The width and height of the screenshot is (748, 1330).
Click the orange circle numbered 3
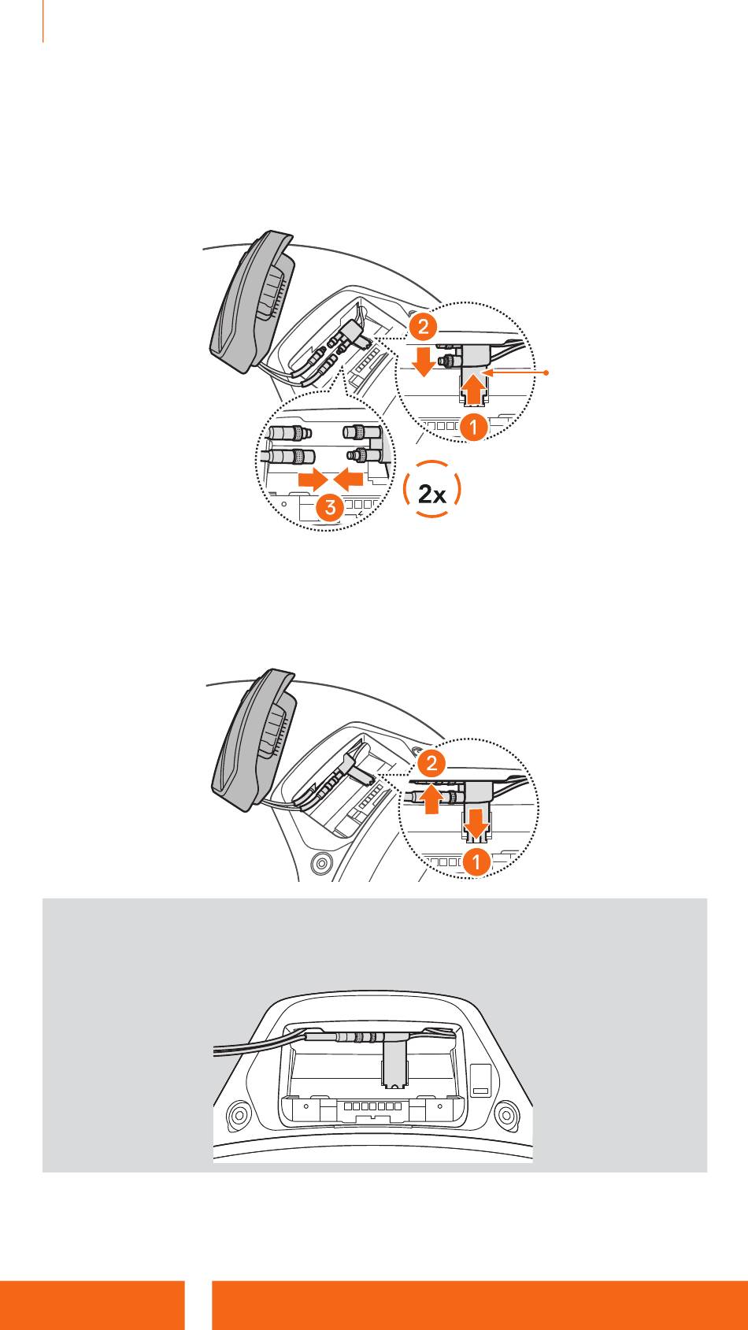329,508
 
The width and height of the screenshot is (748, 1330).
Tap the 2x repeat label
431,494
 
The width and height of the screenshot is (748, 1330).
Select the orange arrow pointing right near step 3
309,478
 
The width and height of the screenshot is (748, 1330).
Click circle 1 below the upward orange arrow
472,428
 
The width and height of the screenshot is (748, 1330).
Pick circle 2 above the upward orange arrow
431,762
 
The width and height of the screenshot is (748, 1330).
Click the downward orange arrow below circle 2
424,363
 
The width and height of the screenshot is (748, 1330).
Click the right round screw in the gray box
506,1114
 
